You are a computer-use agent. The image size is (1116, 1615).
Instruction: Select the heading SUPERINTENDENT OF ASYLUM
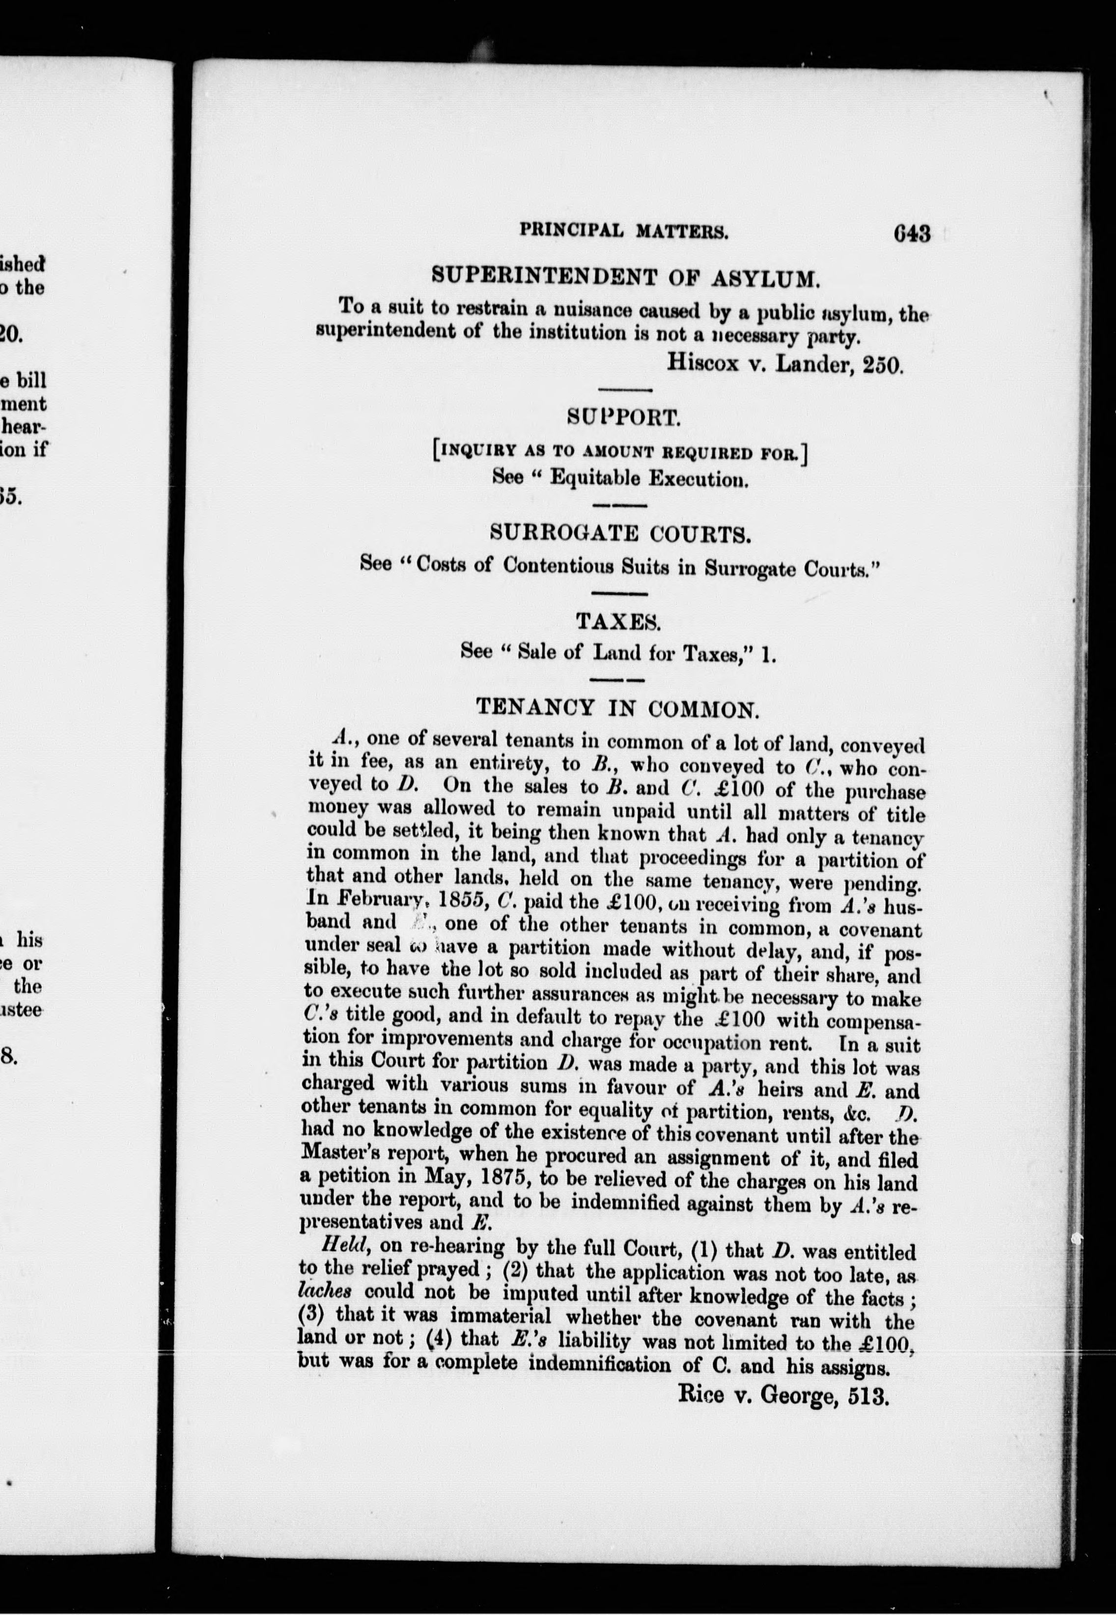pos(624,276)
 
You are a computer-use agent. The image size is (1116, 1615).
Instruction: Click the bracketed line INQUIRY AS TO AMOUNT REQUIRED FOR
pos(620,453)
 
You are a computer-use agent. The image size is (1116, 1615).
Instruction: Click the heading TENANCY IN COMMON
pos(617,708)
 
